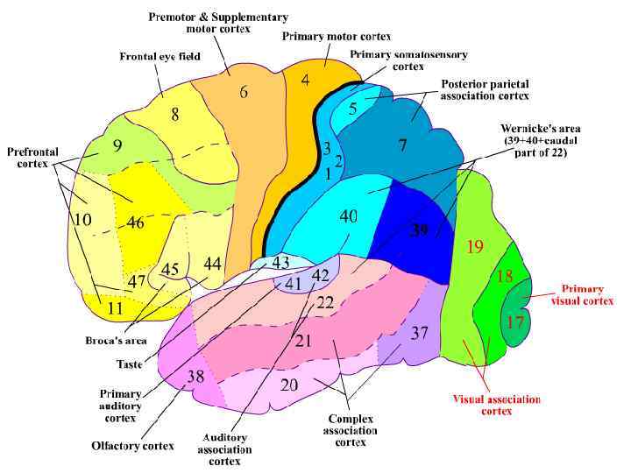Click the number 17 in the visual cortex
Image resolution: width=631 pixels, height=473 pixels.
click(514, 321)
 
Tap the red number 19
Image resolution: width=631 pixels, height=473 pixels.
click(475, 247)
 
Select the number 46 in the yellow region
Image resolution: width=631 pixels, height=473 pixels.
click(134, 222)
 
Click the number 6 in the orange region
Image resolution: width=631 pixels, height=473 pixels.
click(243, 91)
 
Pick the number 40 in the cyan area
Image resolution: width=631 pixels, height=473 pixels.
click(348, 216)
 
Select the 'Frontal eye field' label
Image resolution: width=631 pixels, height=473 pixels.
click(160, 57)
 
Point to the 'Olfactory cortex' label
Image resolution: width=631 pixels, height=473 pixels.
click(132, 446)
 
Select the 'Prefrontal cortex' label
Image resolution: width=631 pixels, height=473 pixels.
click(32, 158)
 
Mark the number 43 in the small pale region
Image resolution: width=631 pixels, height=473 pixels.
click(280, 263)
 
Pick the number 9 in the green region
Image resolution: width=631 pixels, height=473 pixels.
click(117, 146)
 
